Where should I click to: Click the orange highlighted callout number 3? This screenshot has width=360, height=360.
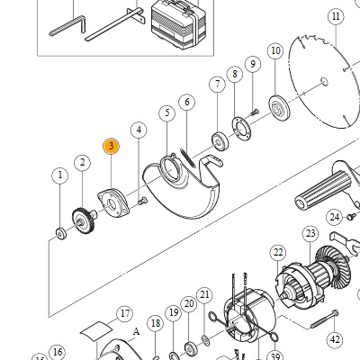click(111, 147)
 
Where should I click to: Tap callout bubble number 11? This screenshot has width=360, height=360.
click(336, 16)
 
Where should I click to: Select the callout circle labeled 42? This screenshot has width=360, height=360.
click(335, 339)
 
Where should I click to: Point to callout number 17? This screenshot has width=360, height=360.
click(125, 313)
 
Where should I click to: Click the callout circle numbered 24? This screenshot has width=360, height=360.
click(335, 217)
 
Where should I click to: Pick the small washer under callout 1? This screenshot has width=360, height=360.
click(61, 233)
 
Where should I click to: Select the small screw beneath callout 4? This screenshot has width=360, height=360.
click(142, 201)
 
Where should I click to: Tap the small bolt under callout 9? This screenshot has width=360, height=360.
click(254, 113)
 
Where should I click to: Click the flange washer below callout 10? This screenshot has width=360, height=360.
click(279, 108)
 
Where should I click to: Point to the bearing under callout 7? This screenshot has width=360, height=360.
click(220, 141)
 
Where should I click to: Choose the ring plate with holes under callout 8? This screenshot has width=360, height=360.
click(241, 129)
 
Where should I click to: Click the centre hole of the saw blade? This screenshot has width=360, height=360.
click(324, 81)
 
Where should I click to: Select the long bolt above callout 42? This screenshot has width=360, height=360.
click(324, 319)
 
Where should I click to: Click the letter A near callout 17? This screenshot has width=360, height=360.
click(137, 332)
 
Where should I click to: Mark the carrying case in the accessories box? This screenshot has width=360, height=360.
click(179, 25)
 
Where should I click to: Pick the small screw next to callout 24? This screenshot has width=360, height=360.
click(351, 216)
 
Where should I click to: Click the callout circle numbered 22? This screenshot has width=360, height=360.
click(278, 253)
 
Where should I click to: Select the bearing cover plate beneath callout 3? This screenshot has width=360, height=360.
click(113, 202)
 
